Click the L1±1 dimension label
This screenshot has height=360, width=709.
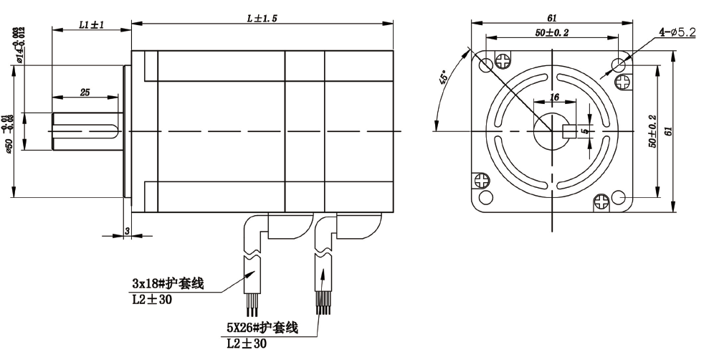coord(90,24)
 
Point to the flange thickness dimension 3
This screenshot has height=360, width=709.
coord(126,230)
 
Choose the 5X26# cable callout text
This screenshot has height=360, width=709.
coord(262,327)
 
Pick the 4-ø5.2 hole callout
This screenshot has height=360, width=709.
coord(677,33)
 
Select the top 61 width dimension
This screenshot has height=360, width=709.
coord(551,17)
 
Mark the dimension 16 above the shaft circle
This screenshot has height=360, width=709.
coord(553,97)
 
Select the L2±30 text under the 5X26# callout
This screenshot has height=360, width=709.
coord(245,344)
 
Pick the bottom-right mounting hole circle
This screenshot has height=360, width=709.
coord(619,197)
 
